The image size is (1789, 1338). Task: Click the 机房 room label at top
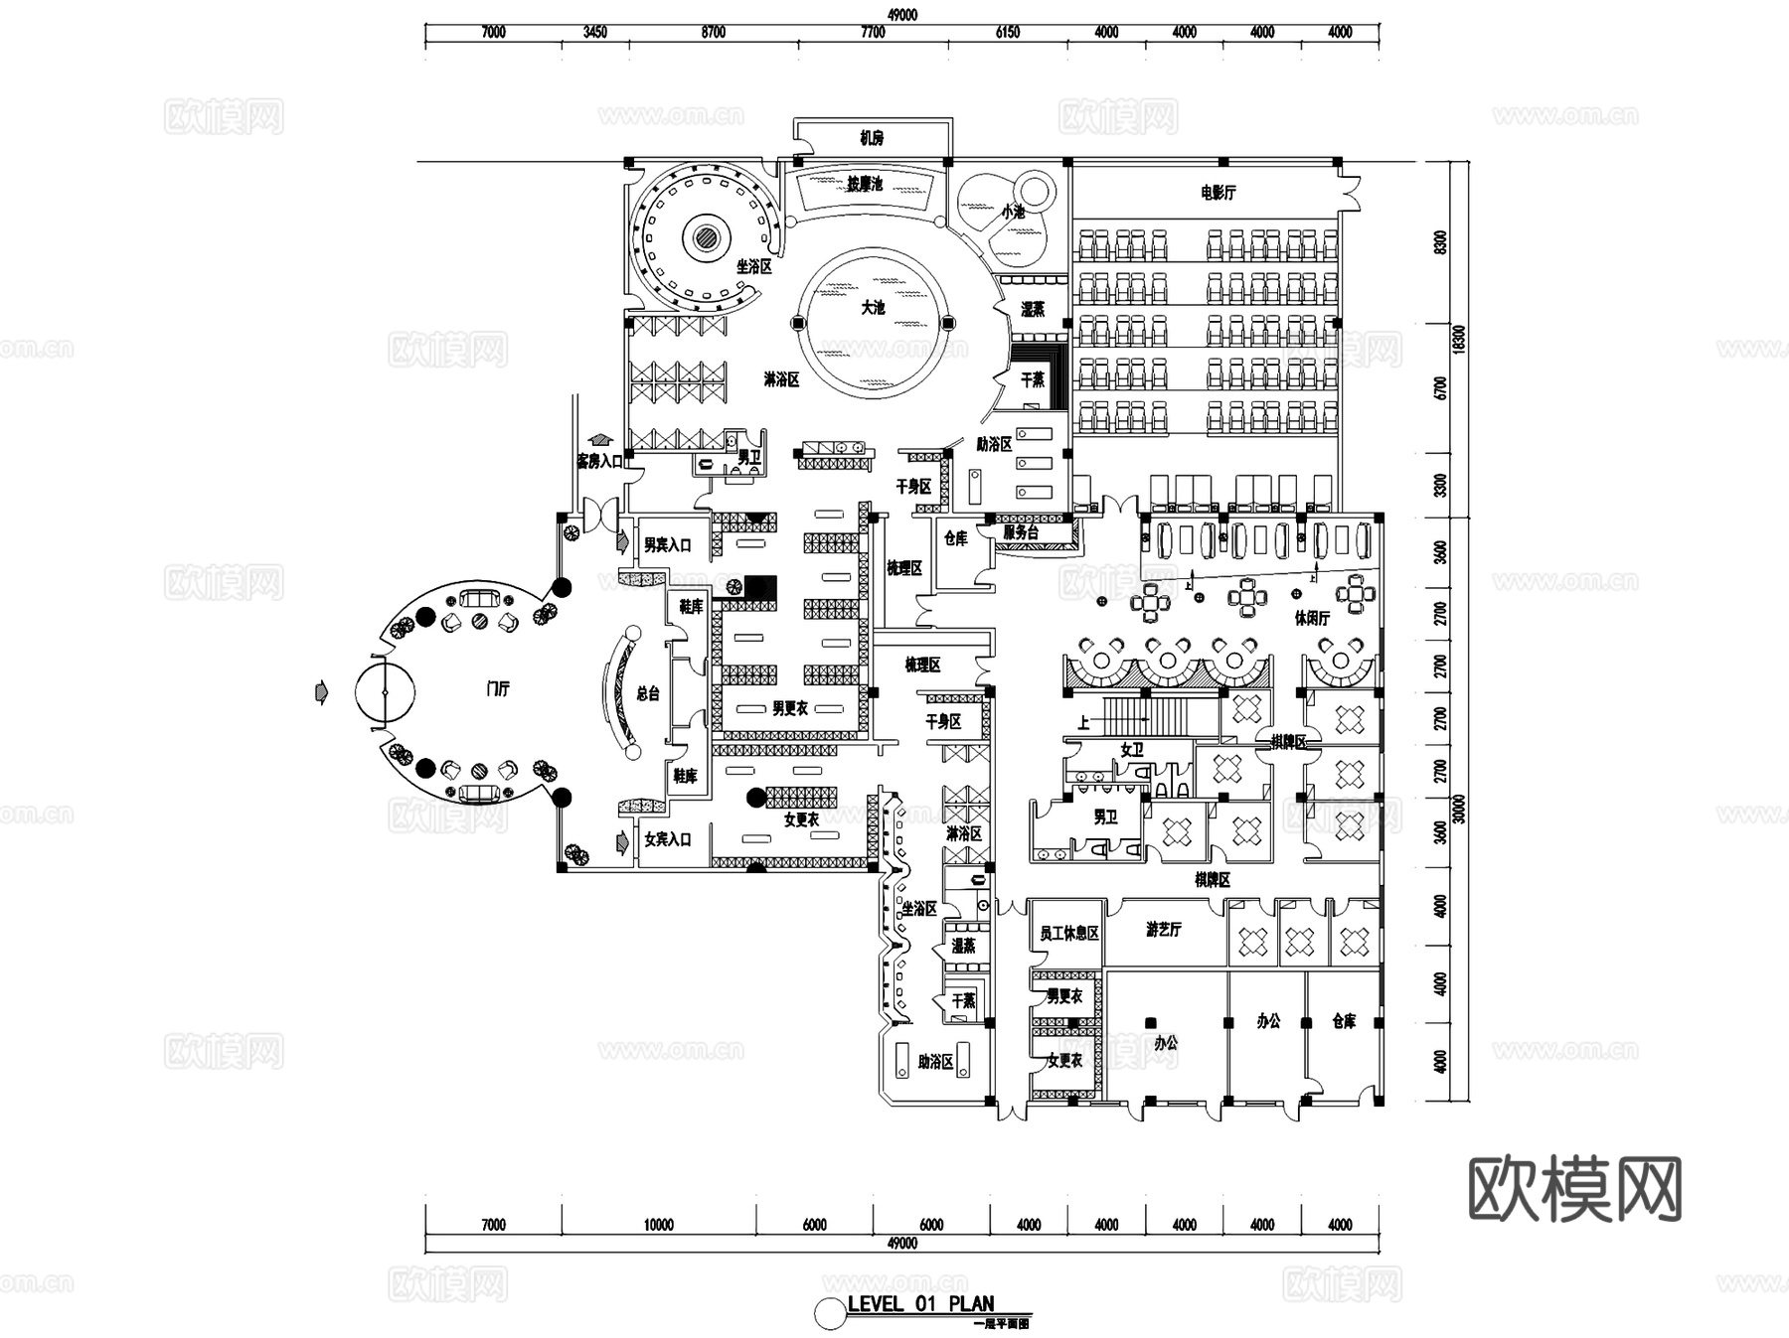[872, 138]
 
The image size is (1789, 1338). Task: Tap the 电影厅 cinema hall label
[1218, 193]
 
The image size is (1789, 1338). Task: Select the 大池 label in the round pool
[873, 308]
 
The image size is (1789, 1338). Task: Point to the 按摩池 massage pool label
[865, 185]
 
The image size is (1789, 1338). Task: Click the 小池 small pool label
[1012, 212]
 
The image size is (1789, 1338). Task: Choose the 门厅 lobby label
[498, 688]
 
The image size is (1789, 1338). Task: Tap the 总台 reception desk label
[647, 693]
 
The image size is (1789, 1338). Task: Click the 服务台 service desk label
[1021, 532]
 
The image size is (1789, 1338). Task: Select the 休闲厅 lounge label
[1312, 618]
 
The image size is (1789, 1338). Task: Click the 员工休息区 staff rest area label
[1068, 934]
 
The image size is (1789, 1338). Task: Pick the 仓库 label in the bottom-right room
[1344, 1021]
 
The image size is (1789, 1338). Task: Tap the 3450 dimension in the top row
[594, 32]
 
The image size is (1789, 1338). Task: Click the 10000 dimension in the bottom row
[658, 1225]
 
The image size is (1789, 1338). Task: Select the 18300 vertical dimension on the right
[1459, 338]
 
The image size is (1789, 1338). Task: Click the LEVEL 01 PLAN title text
[920, 1304]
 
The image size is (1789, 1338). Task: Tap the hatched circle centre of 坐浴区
[708, 237]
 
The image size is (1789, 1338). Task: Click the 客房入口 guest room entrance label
[599, 461]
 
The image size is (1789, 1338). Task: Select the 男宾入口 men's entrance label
[667, 545]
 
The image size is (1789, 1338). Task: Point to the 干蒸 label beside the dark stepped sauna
[1033, 379]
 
